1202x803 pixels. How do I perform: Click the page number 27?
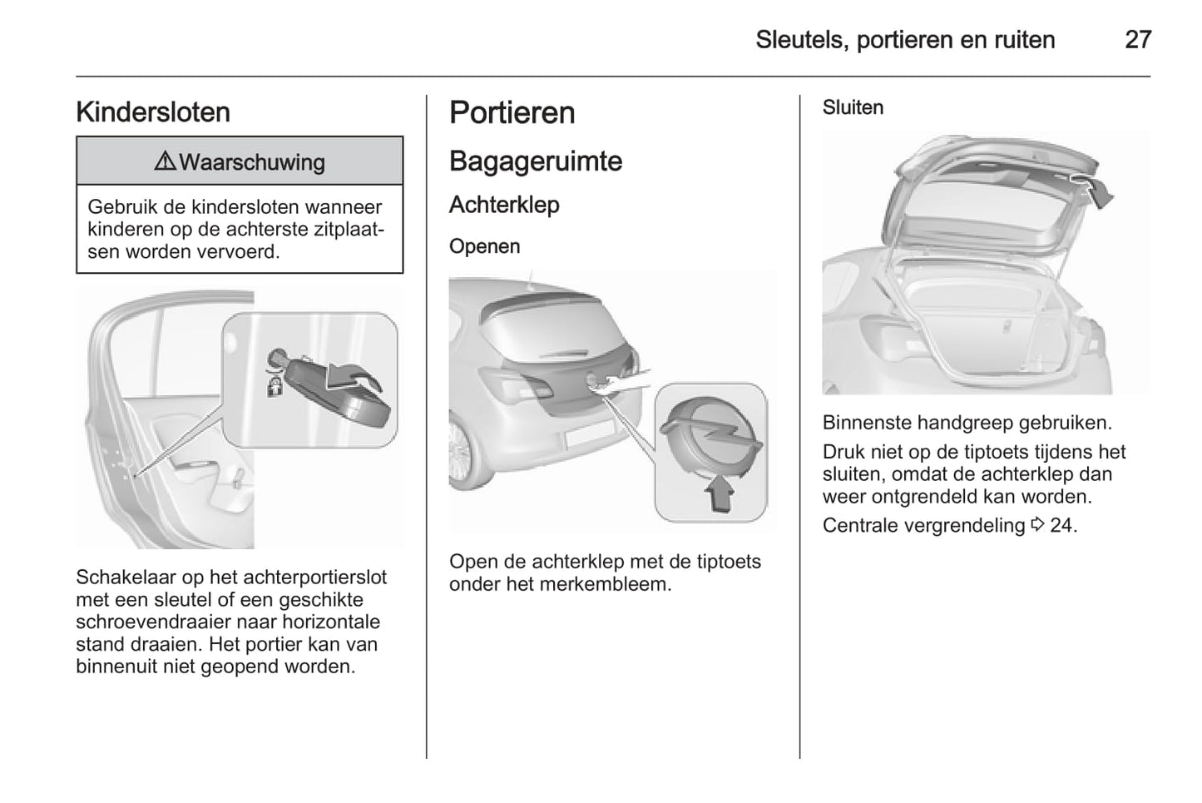coord(1137,39)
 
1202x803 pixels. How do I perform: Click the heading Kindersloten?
coord(153,112)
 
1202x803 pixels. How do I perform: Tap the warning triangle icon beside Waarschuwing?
coord(165,161)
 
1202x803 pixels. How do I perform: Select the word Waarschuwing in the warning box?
coord(251,162)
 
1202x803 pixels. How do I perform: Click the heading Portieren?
coord(512,113)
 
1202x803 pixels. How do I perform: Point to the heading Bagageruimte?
coord(535,161)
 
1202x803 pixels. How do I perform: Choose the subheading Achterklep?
coord(504,205)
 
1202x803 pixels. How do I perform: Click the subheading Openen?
coord(484,246)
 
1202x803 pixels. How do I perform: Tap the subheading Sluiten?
coord(853,107)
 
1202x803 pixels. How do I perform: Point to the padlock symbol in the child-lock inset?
coord(274,385)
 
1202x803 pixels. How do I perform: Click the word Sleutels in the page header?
coord(799,39)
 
